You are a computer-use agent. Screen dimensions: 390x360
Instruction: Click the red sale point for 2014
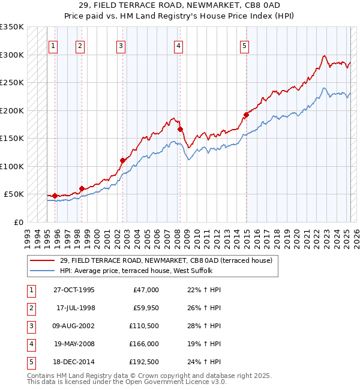coord(246,115)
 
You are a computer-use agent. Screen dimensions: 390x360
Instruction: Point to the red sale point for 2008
coord(180,129)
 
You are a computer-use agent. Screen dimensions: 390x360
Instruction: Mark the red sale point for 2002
coord(122,160)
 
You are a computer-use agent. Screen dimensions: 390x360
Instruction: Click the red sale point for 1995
coord(55,196)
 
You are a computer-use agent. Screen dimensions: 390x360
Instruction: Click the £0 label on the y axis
coord(19,222)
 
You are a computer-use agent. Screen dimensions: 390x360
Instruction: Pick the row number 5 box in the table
coord(29,362)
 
